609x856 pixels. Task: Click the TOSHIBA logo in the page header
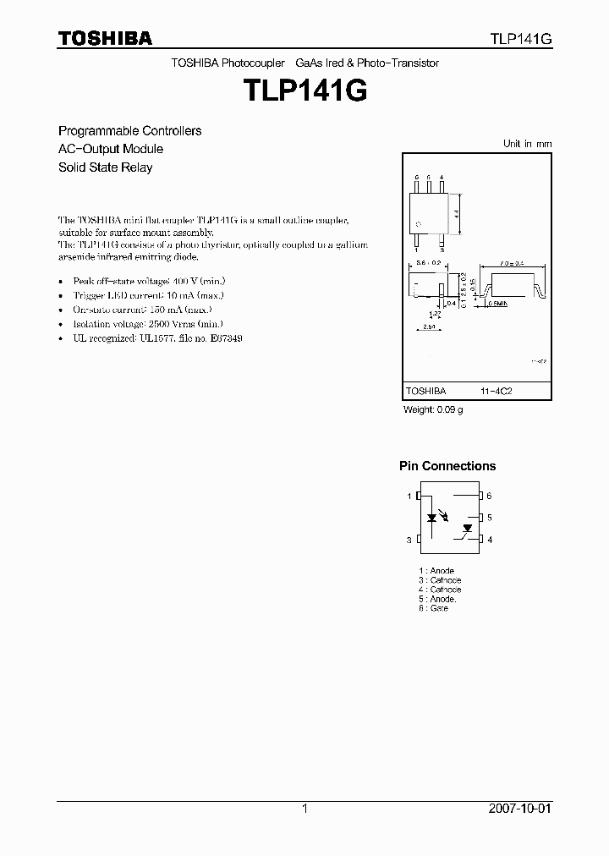click(105, 38)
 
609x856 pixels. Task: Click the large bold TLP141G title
click(304, 91)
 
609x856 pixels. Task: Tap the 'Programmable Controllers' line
click(129, 131)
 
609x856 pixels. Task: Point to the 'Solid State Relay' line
click(105, 167)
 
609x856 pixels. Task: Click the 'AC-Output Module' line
click(110, 149)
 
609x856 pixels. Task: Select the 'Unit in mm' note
click(527, 144)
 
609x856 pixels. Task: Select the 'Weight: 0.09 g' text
click(432, 410)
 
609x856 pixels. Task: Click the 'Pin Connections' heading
click(447, 466)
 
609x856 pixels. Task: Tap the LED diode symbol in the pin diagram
click(432, 516)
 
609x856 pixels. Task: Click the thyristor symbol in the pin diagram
click(466, 529)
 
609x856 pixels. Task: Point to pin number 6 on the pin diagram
click(489, 497)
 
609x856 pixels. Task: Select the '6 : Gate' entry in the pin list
click(433, 608)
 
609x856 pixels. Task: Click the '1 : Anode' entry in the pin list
click(436, 571)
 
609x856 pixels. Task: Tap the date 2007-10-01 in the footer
click(520, 809)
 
